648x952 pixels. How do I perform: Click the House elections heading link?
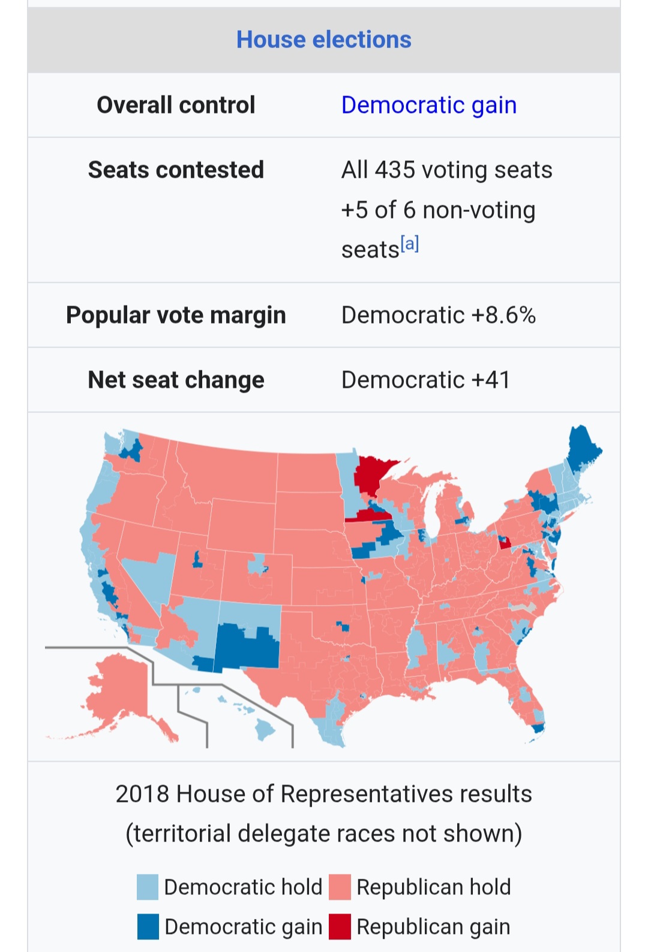click(323, 40)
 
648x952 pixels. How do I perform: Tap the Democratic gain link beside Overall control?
click(428, 105)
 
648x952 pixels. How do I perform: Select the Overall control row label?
click(176, 105)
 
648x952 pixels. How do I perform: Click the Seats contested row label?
click(176, 170)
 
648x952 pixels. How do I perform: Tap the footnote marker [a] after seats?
click(410, 244)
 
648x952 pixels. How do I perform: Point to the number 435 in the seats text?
click(395, 170)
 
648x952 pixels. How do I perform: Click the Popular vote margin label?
click(176, 315)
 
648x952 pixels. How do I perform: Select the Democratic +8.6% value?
click(438, 315)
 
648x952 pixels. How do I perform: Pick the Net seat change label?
click(176, 380)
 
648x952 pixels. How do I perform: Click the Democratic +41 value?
click(425, 380)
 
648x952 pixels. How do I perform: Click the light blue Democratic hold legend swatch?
click(148, 887)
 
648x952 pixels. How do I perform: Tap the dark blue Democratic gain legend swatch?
click(148, 927)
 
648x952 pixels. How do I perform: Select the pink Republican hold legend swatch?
click(340, 887)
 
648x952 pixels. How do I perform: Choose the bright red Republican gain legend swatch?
click(340, 927)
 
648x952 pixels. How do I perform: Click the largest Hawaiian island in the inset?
click(264, 729)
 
